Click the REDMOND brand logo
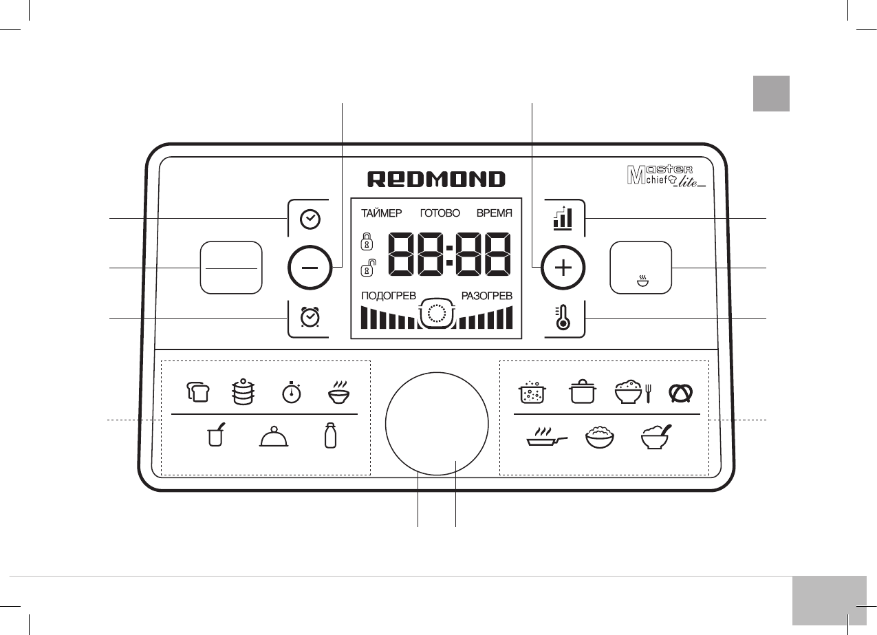coord(436,180)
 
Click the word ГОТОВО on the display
coord(440,213)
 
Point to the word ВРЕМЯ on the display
coord(495,213)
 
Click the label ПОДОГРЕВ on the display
coord(389,296)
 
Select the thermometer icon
coord(563,319)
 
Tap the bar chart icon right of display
coord(563,219)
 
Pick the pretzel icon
coord(681,392)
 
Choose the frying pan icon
coord(547,438)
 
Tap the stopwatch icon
coord(291,392)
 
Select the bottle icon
coord(330,436)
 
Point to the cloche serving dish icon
coord(273,438)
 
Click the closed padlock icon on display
coord(367,241)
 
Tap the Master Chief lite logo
coord(667,177)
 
